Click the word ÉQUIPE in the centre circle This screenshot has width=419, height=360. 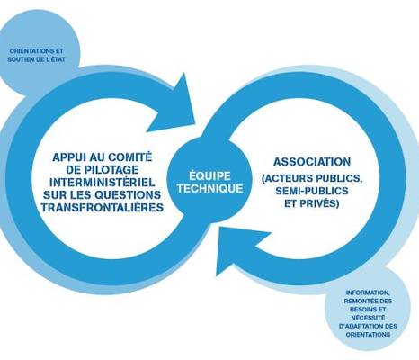(209, 175)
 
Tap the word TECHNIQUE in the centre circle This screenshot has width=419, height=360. (209, 188)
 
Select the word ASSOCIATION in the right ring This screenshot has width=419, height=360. (312, 162)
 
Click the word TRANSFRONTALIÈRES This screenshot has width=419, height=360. (103, 207)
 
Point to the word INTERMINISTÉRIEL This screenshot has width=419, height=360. (103, 182)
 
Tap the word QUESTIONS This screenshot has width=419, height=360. (128, 194)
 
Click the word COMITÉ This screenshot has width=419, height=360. (130, 157)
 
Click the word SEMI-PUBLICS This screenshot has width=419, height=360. (312, 191)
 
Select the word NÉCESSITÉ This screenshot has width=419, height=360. (368, 318)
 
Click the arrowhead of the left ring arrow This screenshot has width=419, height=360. (174, 105)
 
